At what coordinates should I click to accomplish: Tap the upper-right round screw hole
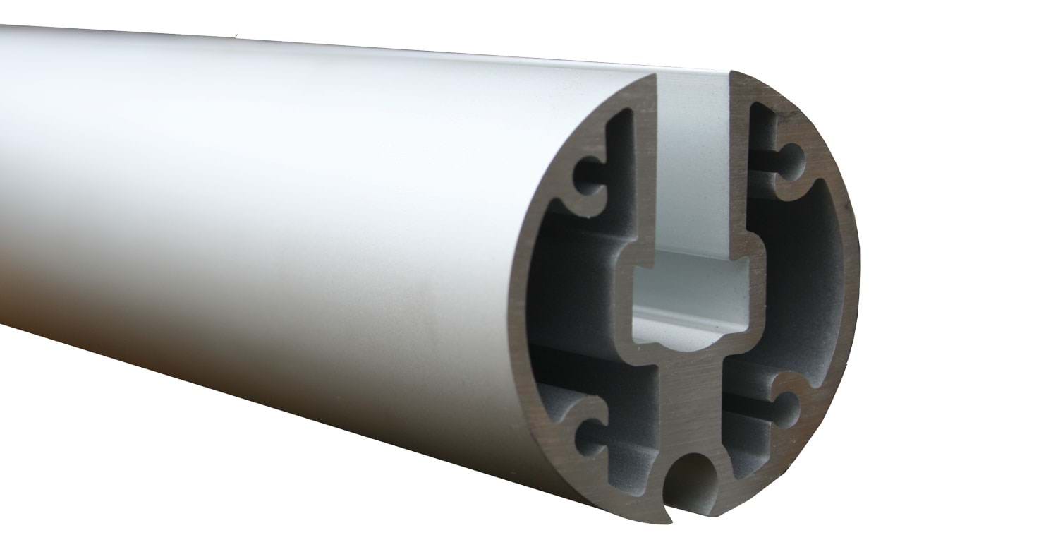click(x=792, y=160)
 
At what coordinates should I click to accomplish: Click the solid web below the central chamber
click(x=688, y=395)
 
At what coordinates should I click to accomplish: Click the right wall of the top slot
click(x=737, y=169)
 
